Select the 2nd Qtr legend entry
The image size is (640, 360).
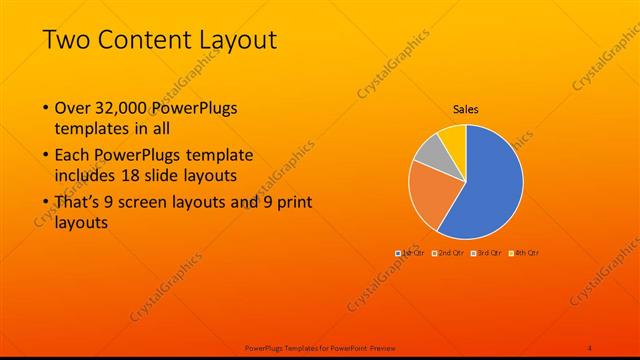point(447,253)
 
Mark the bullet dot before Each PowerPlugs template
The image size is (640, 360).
point(45,155)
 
